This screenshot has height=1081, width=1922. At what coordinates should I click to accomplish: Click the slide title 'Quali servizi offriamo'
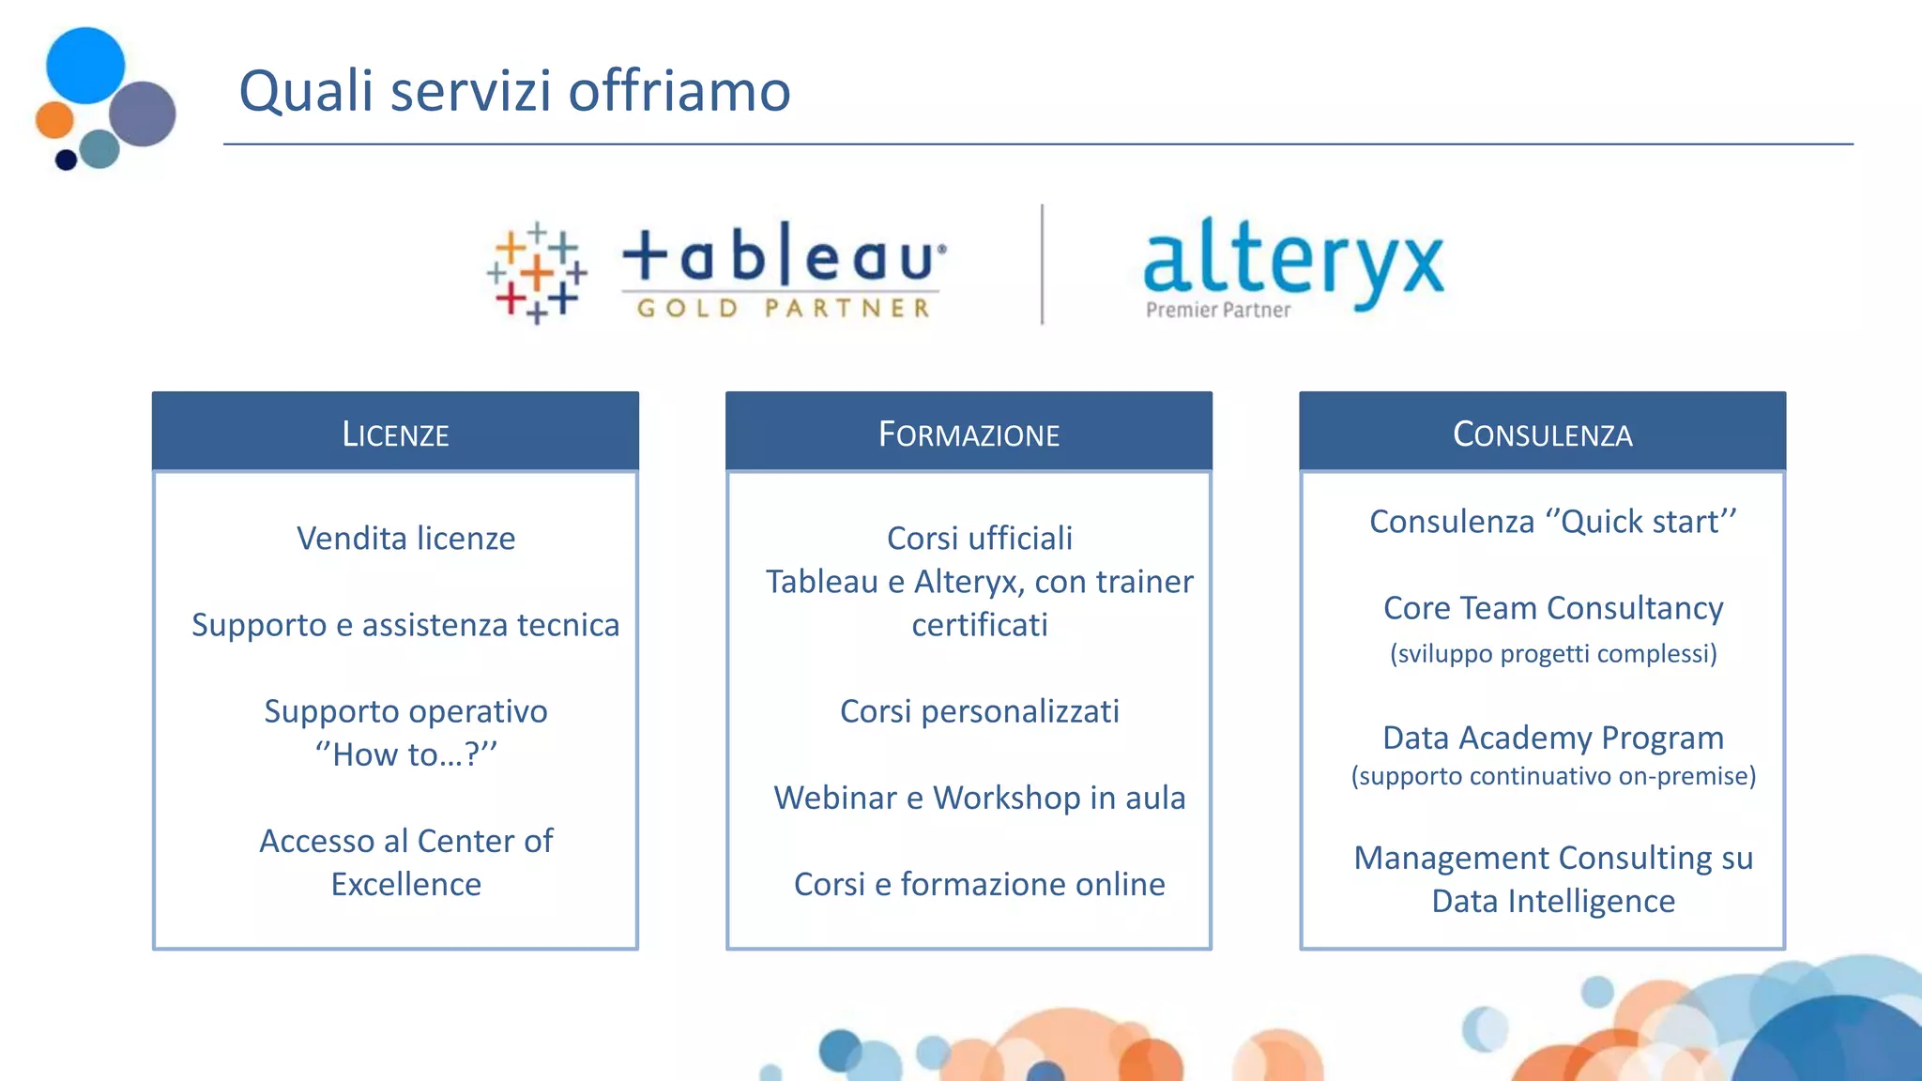[514, 91]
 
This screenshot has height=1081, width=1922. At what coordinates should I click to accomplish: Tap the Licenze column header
[395, 434]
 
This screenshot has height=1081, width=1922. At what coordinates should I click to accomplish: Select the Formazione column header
[969, 434]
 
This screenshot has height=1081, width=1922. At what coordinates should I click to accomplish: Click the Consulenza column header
[1542, 434]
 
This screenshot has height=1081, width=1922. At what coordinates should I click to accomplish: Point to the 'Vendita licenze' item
[405, 539]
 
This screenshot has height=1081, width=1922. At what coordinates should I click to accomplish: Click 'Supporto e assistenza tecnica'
[405, 625]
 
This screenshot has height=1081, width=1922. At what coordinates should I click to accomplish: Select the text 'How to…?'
[405, 754]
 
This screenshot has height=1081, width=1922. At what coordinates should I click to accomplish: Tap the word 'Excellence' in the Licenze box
[405, 884]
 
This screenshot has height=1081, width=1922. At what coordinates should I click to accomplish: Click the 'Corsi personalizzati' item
[979, 711]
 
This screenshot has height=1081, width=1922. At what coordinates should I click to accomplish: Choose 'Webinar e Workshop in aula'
[979, 798]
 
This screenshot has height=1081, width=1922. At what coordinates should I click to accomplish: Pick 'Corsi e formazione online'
[979, 884]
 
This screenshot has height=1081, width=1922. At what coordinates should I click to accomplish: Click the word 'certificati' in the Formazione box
[979, 625]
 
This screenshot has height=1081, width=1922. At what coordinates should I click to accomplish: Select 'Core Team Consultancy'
[1553, 608]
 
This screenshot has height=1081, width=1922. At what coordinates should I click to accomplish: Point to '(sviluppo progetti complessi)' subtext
[1553, 653]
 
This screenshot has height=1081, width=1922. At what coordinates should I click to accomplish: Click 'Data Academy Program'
[1553, 738]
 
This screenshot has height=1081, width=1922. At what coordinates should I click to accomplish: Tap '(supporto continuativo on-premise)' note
[1553, 776]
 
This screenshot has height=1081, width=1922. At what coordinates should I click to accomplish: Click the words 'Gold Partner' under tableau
[783, 308]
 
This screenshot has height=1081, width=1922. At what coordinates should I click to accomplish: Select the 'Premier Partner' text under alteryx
[1217, 310]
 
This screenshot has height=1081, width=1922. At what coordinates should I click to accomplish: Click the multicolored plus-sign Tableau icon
[537, 273]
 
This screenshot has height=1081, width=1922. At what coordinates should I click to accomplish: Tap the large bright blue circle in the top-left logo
[84, 65]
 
